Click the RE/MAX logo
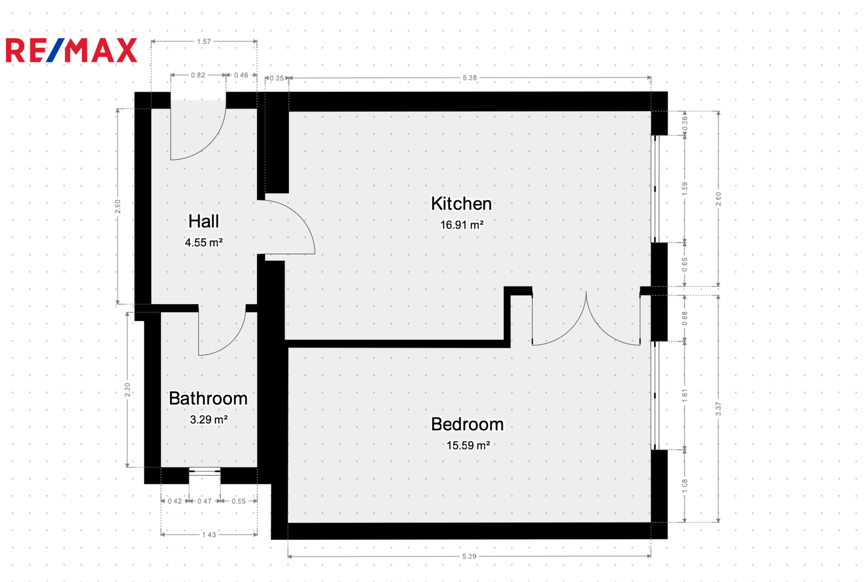click(x=71, y=50)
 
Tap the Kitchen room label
click(x=461, y=204)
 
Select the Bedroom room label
click(x=467, y=424)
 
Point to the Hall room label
click(x=204, y=221)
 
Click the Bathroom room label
click(x=208, y=398)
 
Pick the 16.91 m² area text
click(x=462, y=225)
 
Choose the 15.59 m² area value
click(x=468, y=445)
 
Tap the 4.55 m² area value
click(x=204, y=243)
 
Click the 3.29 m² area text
click(x=208, y=419)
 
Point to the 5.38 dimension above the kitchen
click(x=470, y=78)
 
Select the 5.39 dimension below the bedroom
click(x=469, y=556)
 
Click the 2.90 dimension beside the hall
click(x=118, y=206)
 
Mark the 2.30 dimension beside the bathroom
click(x=127, y=390)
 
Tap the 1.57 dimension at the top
click(x=204, y=41)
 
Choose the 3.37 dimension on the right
click(x=718, y=409)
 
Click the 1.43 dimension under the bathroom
click(x=209, y=534)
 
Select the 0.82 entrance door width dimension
click(x=198, y=75)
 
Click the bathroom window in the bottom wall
click(x=205, y=471)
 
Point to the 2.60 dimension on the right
click(x=718, y=199)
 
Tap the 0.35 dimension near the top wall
click(x=276, y=78)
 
